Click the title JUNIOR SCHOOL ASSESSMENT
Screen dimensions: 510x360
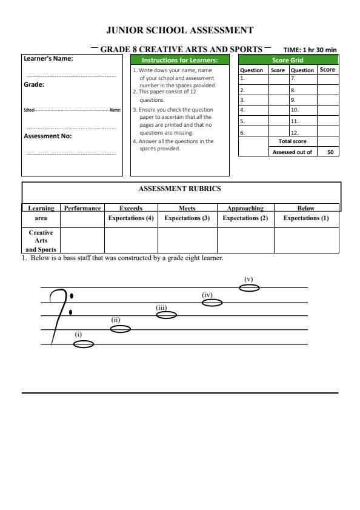point(180,29)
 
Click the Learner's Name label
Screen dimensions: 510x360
point(48,59)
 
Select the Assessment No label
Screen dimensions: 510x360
point(48,136)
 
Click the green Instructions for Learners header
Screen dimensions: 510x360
point(180,60)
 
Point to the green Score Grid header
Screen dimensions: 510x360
point(288,60)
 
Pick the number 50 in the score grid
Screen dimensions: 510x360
point(328,152)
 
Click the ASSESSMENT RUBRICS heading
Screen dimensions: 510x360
point(180,189)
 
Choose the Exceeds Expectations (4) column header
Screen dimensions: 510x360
point(130,213)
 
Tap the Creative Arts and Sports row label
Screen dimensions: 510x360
point(42,240)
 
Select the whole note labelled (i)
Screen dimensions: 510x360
point(84,344)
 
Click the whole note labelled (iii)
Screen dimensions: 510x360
point(166,315)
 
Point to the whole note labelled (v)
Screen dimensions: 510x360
point(249,287)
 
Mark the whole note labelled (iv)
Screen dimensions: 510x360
point(212,302)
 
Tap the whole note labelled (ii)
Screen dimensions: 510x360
point(120,329)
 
